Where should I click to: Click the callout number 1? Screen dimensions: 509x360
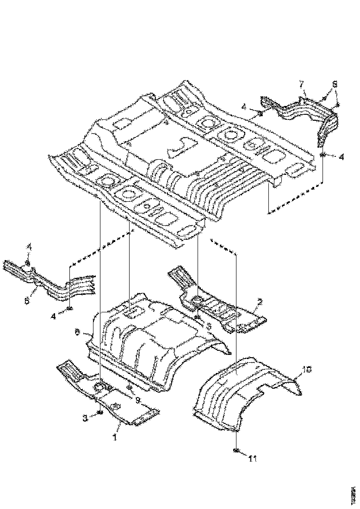115,435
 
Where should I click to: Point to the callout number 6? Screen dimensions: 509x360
77,331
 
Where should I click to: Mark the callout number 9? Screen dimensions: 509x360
137,399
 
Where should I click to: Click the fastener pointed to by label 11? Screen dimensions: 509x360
236,451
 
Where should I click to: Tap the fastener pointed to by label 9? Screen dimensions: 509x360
129,388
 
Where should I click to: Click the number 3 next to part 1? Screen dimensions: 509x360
85,418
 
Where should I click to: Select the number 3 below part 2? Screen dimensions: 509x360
209,326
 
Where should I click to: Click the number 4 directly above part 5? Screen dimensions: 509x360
28,248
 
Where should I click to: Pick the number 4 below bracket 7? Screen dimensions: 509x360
341,157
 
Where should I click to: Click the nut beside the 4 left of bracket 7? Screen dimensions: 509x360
261,112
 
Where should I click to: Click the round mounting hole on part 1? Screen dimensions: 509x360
100,387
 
